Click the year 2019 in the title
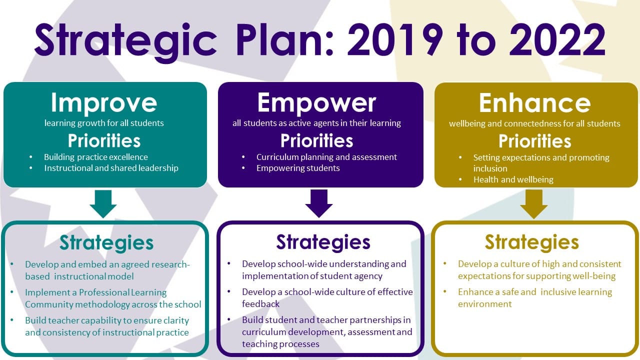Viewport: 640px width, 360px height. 395,40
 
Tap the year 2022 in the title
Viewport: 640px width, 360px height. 557,40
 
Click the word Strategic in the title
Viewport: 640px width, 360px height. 125,43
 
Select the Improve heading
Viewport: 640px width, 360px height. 104,103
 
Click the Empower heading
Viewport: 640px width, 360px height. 316,103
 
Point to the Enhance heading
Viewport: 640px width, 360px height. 534,103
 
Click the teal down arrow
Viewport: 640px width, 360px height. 103,204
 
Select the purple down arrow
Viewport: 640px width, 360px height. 319,203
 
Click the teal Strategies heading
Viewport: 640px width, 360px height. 106,243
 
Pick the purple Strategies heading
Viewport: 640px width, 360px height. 323,242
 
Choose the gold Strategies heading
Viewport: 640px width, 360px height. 531,242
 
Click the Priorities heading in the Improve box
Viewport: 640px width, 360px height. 104,140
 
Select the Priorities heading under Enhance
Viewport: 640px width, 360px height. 534,141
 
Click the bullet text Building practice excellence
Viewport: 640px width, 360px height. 96,157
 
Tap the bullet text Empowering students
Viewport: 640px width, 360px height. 298,168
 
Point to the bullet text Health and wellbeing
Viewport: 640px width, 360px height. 513,179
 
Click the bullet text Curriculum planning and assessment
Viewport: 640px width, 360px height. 326,157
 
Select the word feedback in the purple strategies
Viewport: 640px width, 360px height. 260,303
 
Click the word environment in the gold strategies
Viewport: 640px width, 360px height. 485,303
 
